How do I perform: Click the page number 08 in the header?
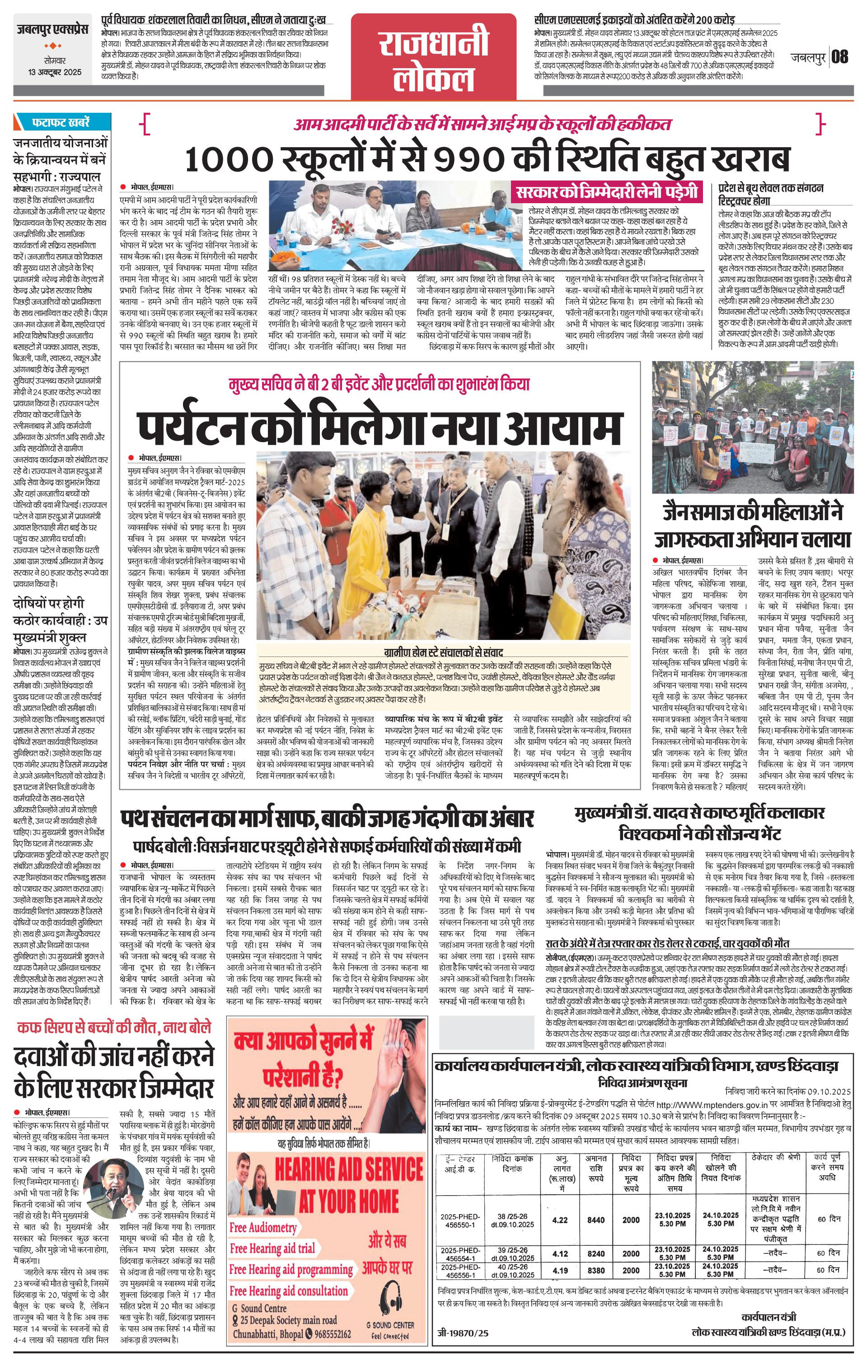[840, 57]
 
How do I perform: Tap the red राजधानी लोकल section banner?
[434, 54]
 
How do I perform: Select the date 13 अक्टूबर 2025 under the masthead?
[52, 72]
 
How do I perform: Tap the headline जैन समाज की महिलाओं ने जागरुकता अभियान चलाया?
[752, 525]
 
